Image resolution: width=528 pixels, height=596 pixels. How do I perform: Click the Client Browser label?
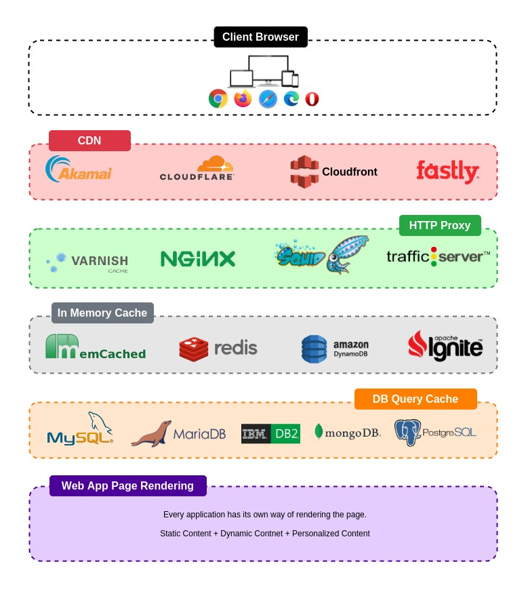point(260,37)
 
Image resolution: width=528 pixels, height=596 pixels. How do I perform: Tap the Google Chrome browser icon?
point(218,99)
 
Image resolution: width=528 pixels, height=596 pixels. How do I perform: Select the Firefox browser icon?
point(243,99)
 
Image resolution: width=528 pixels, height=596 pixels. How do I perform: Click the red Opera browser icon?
point(312,99)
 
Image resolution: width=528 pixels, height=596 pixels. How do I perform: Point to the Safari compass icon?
point(268,99)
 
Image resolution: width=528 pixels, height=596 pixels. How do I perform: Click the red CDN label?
point(89,141)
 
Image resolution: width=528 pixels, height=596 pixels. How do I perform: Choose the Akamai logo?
point(79,170)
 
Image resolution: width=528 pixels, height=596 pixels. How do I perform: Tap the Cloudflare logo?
point(197,169)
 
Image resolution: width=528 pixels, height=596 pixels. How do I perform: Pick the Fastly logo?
point(447,171)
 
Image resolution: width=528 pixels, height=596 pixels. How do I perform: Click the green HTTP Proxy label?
point(439,226)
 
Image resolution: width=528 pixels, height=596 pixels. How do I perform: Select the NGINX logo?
point(198,259)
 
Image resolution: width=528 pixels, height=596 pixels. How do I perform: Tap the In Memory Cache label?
point(102,313)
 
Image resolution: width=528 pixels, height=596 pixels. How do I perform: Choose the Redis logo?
point(218,349)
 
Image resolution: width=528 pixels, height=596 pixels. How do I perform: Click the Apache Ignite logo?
point(445,346)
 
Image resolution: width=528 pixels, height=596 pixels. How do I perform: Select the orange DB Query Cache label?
point(415,399)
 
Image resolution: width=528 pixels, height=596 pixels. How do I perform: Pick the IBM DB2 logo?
point(270,434)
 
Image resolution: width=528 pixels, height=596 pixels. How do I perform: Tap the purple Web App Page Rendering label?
point(127,486)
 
